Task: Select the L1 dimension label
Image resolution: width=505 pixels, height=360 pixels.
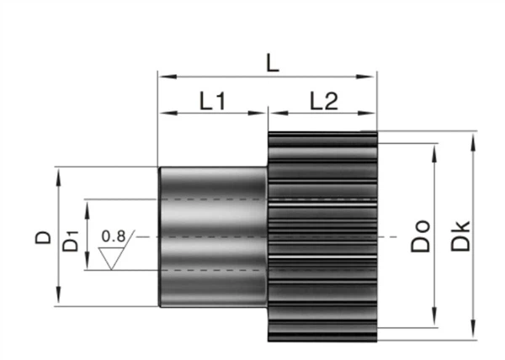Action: pos(213,102)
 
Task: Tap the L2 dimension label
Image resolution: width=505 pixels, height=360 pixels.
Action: pos(322,102)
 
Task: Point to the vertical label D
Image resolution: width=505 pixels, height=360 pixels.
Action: pos(43,238)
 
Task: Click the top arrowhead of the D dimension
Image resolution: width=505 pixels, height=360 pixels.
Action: pos(58,172)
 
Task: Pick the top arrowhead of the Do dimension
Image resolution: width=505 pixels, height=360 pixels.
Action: pos(434,151)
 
